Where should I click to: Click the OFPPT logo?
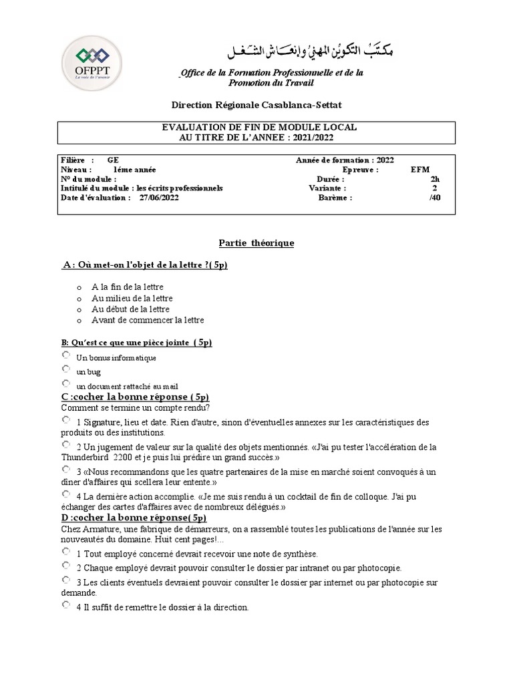[x=92, y=62]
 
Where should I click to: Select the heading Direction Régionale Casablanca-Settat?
[x=256, y=105]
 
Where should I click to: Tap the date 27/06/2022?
[x=159, y=198]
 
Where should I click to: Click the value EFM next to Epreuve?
[x=421, y=170]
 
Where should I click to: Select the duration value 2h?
[x=436, y=179]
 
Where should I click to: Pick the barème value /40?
[x=435, y=198]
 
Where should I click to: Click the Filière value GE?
[x=113, y=160]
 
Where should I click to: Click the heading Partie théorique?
[x=256, y=243]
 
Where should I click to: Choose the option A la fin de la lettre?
[x=128, y=287]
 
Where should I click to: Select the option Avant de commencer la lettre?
[x=148, y=320]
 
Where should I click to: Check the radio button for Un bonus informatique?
[x=65, y=356]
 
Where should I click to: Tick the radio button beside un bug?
[x=65, y=369]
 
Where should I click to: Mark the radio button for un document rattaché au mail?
[x=65, y=384]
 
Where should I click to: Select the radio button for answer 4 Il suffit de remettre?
[x=65, y=605]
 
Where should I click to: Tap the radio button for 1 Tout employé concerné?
[x=65, y=552]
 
